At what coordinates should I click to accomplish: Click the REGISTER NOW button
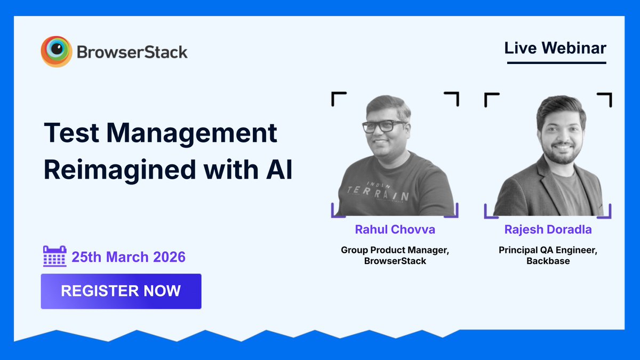point(121,291)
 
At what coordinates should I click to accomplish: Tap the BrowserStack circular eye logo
point(56,52)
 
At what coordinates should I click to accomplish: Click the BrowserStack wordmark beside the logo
point(132,52)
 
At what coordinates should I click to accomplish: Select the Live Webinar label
point(556,48)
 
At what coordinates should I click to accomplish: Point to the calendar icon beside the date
point(54,257)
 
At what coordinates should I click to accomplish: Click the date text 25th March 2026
point(129,257)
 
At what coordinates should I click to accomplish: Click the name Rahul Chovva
point(395,229)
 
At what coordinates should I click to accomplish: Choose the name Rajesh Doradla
point(548,229)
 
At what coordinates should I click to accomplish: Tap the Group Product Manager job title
point(395,250)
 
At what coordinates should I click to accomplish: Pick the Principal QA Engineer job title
point(548,250)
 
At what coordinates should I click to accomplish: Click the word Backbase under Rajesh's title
point(548,261)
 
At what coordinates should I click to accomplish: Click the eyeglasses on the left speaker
point(385,126)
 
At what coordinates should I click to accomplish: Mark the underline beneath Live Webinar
point(556,63)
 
